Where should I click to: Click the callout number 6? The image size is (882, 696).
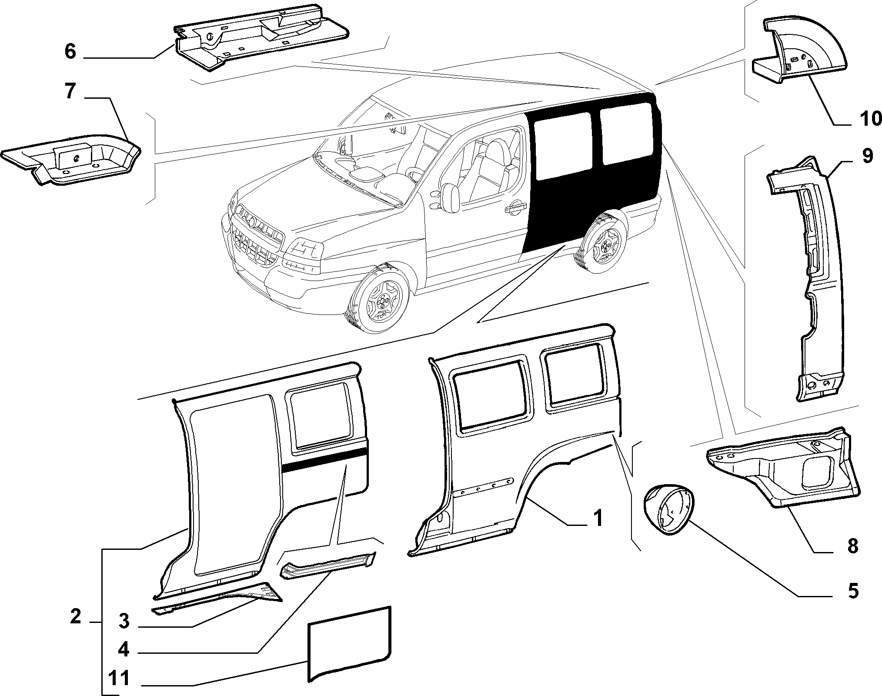point(70,52)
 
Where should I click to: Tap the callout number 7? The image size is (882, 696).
point(70,92)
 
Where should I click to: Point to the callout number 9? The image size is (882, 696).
point(866,156)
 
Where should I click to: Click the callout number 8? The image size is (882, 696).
point(853,546)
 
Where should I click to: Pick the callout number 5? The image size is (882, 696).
point(853,591)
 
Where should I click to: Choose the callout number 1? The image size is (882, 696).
point(598,519)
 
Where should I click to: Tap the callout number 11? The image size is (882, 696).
point(118,679)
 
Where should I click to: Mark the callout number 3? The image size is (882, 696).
point(124,621)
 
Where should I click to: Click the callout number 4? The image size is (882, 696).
point(124,650)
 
